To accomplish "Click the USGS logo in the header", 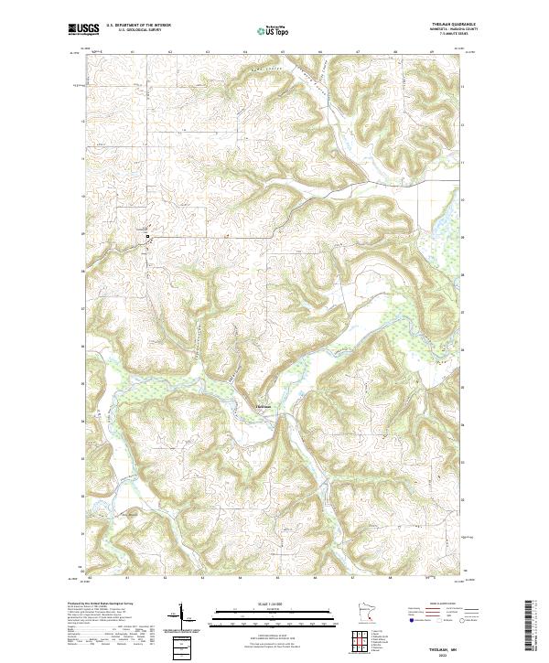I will [x=83, y=30].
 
